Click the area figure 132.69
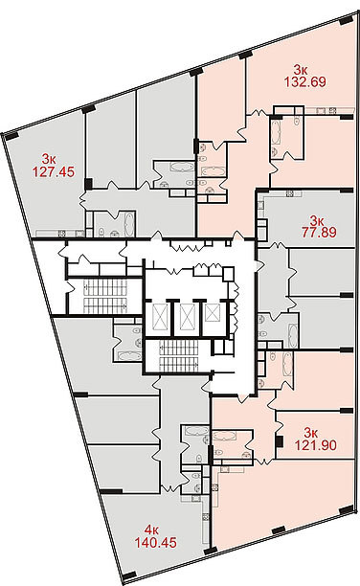point(304,81)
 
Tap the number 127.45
point(54,172)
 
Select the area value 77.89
point(319,232)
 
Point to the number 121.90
point(316,445)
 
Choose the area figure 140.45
point(155,542)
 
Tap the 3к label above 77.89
point(316,219)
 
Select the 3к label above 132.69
point(301,69)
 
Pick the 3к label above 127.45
point(49,160)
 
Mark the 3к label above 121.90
point(310,433)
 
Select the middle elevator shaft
point(187,317)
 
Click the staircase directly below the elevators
point(178,358)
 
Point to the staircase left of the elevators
point(105,296)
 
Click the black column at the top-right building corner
point(347,20)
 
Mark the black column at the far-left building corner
point(11,136)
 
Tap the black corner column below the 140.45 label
point(129,575)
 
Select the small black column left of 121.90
point(279,441)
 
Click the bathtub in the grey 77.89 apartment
point(292,335)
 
